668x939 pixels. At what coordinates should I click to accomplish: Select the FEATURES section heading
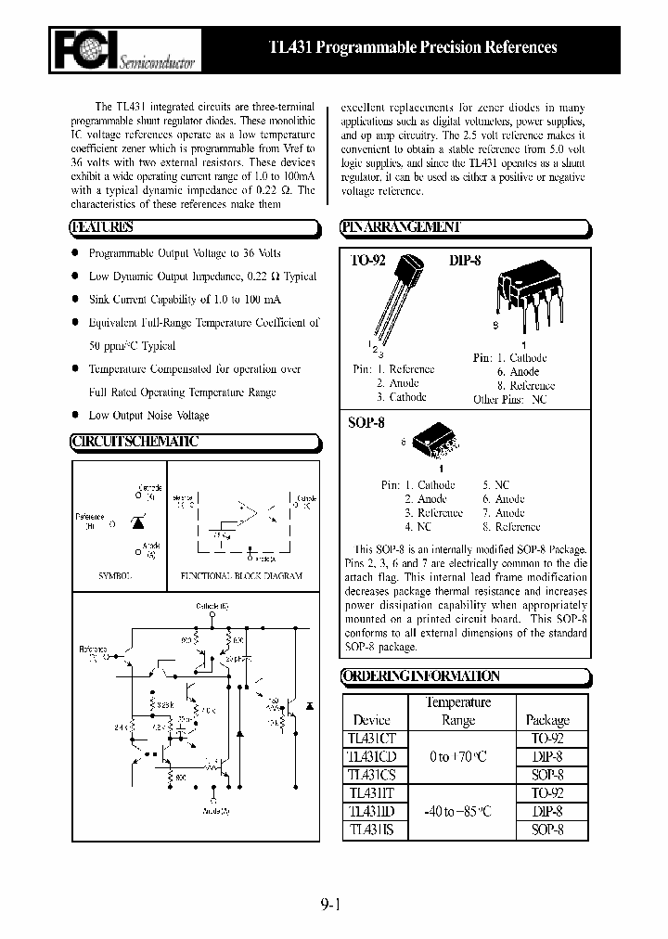click(x=104, y=227)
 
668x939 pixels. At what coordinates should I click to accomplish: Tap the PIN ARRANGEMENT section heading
click(x=401, y=227)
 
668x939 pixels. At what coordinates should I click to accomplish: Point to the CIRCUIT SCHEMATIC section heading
click(x=135, y=442)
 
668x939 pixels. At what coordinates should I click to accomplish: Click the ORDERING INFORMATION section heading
click(x=421, y=676)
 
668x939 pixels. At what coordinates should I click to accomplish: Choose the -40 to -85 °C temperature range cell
click(x=458, y=811)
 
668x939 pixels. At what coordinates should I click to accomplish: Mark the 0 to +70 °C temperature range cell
click(x=458, y=757)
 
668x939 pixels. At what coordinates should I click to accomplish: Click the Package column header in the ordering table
click(x=547, y=719)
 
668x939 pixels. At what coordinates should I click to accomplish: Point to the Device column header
click(x=372, y=719)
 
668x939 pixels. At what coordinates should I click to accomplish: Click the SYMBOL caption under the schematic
click(x=116, y=575)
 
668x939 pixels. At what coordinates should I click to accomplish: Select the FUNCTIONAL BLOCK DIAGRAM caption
click(x=241, y=575)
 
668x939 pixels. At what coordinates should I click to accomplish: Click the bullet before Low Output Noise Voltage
click(x=75, y=416)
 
